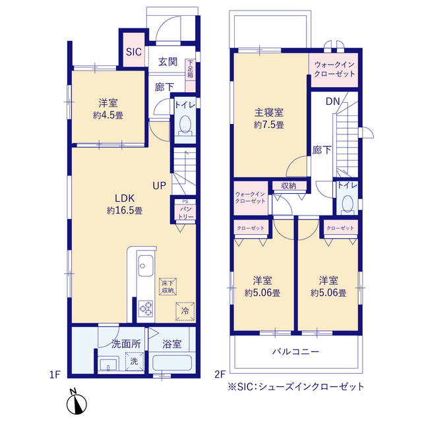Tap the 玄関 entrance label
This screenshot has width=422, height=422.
167,62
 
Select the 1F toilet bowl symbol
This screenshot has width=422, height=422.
185,125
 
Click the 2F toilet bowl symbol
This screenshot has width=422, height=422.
347,204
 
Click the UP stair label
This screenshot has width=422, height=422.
160,186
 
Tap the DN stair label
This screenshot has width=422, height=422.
333,102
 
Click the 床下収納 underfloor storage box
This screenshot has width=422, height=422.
167,286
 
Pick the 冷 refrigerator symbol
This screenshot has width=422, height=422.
185,310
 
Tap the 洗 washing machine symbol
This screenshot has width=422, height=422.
134,360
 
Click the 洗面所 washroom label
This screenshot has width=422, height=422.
125,344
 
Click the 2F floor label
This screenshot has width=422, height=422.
220,374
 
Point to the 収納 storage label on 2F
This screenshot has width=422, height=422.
288,186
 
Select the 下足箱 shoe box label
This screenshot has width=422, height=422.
191,70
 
